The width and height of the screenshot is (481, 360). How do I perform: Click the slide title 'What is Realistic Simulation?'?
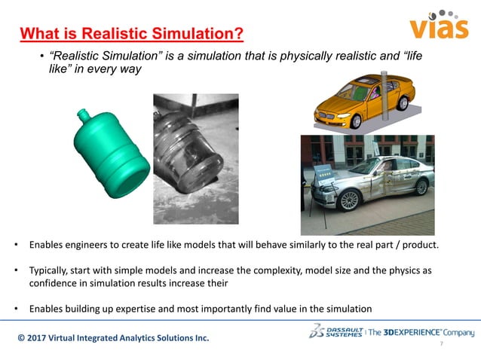coord(132,34)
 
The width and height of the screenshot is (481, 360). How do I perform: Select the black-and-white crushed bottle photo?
coord(195,158)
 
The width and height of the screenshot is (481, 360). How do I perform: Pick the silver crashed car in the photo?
coord(369,181)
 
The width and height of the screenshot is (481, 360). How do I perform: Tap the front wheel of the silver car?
coord(348,200)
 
